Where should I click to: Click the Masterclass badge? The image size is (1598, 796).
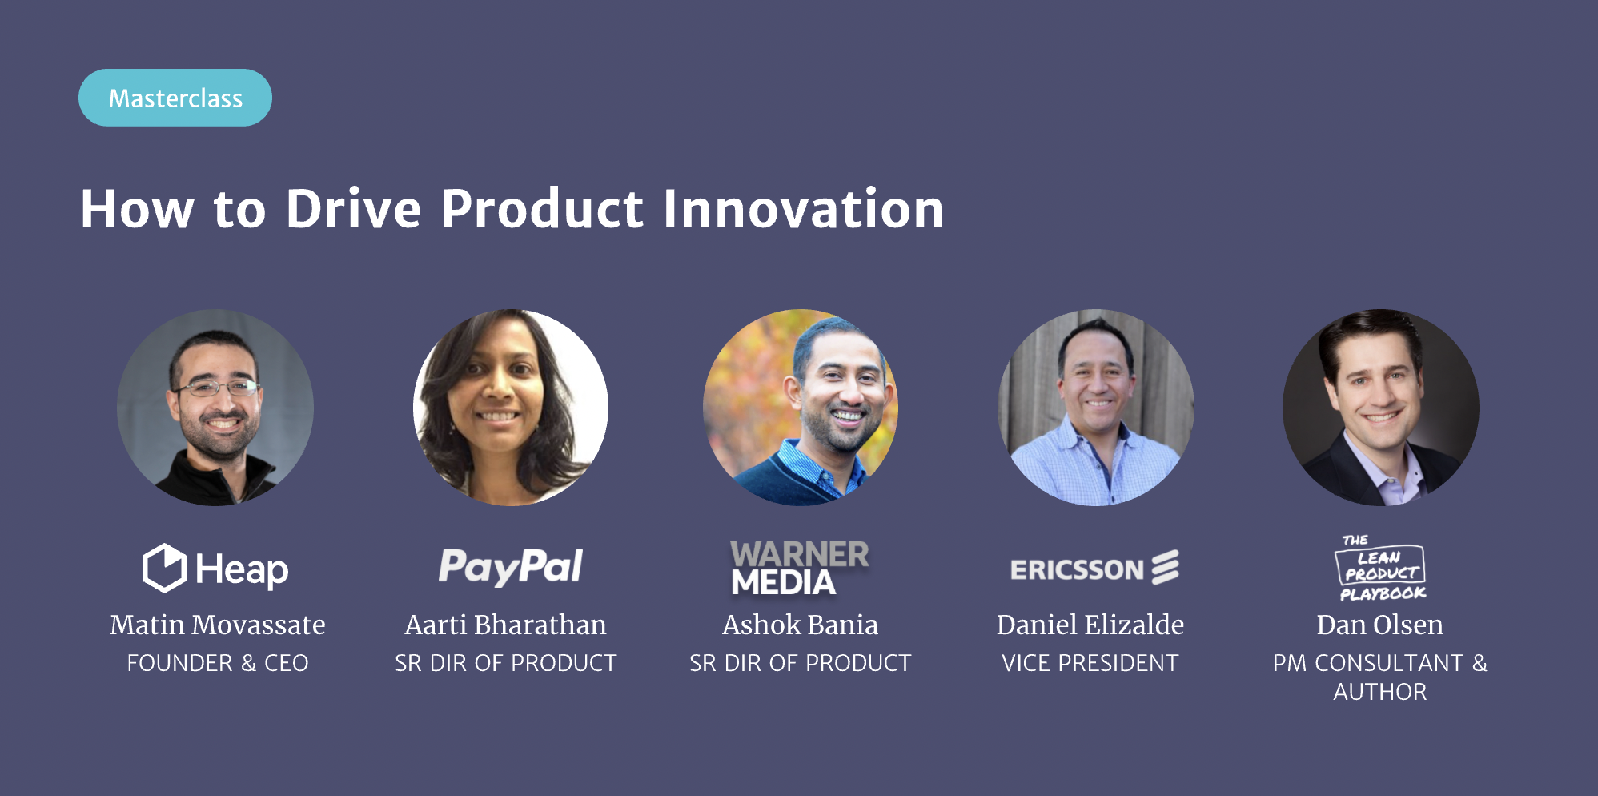coord(175,98)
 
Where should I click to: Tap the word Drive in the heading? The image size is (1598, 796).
coord(353,209)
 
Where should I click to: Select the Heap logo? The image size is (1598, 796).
coord(215,569)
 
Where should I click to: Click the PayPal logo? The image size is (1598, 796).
coord(511,567)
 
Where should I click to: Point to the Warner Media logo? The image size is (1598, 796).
coord(800,568)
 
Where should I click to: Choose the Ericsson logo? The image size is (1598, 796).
coord(1094,568)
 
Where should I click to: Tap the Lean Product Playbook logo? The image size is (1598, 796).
coord(1382,568)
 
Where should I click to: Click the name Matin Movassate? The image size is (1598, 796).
coord(218,625)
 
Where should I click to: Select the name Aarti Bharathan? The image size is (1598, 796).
coord(506,625)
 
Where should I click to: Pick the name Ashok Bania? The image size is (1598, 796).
coord(801,625)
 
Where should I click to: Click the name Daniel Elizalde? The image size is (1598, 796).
coord(1090,625)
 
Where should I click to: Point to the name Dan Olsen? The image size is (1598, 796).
coord(1380,625)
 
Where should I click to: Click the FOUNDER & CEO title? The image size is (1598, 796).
coord(218,663)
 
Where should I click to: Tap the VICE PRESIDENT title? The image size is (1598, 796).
coord(1090,663)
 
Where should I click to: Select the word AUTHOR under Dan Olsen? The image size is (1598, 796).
coord(1380,692)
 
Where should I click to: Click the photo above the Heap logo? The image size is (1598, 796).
coord(215,408)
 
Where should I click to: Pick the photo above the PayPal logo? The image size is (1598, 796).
coord(511,408)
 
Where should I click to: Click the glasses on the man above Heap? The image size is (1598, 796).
coord(214,389)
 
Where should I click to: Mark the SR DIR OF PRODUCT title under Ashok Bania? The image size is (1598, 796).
coord(801,663)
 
